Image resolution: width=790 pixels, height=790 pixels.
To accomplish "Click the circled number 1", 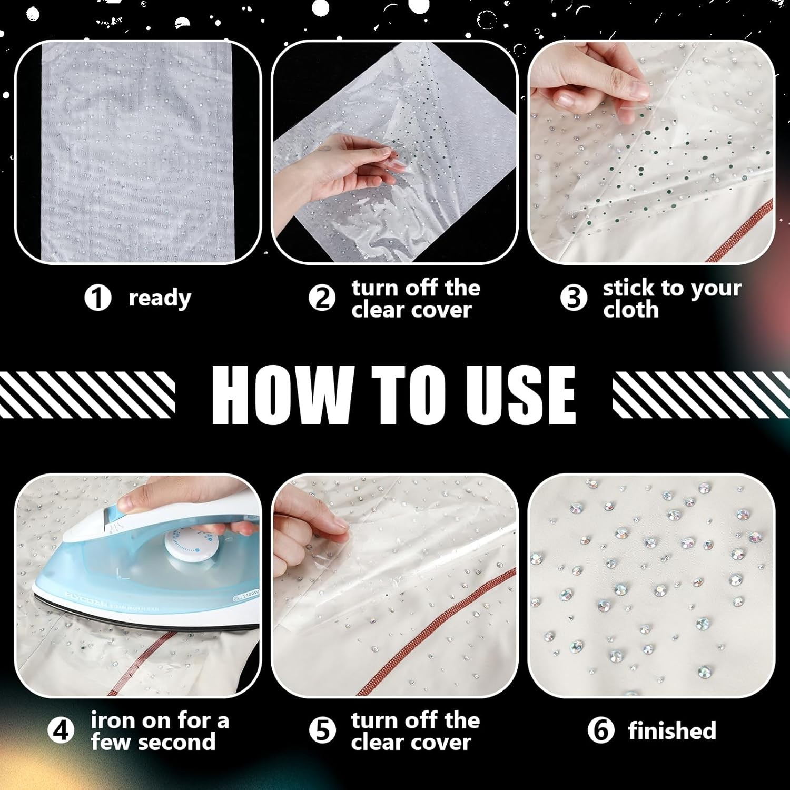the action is [97, 298].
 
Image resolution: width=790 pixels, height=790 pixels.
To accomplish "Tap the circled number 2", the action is [322, 298].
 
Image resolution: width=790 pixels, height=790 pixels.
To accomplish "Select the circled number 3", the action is [574, 298].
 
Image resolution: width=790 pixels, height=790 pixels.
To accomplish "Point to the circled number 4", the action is [61, 730].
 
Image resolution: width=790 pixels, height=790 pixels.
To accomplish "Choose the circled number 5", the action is [322, 730].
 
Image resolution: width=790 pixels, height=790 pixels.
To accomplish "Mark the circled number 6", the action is [601, 730].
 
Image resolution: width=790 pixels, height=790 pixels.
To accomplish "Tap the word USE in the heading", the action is [520, 394].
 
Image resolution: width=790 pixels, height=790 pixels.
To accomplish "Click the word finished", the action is [672, 730].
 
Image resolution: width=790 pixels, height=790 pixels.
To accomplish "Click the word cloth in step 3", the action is [631, 309].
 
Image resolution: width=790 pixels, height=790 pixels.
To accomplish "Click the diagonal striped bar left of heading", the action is [87, 394].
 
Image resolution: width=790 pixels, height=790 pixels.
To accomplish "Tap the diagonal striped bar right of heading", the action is [702, 394].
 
